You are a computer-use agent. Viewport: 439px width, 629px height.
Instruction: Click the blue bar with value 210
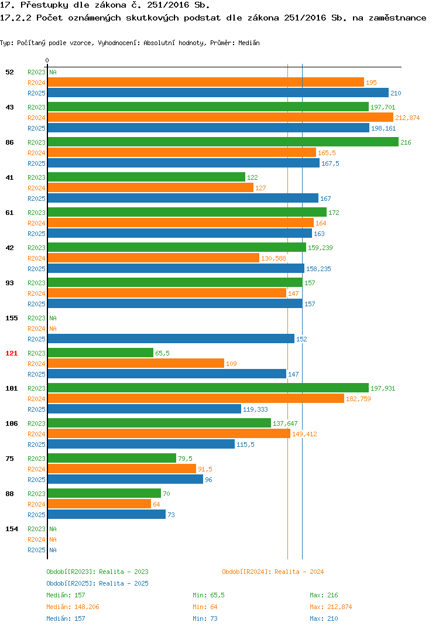pos(218,93)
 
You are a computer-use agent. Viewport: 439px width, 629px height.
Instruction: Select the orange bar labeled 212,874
pos(221,118)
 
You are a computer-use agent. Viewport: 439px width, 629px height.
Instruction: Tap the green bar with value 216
pos(223,142)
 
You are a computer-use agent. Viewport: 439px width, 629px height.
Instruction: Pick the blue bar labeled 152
pos(171,339)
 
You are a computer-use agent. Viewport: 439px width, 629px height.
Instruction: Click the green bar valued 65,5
pos(100,353)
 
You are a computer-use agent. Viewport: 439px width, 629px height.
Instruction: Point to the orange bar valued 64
pos(100,504)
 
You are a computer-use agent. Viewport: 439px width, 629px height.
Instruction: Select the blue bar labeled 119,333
pos(145,409)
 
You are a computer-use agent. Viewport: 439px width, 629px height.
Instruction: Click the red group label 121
pos(12,353)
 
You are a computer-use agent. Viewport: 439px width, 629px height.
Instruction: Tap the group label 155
pos(12,318)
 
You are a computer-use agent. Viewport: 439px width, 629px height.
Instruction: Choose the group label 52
pos(9,72)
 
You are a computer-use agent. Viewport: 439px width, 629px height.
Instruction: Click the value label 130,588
pos(273,258)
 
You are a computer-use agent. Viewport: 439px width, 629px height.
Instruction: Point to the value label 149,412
pos(304,434)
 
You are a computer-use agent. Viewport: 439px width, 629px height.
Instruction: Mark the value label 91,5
pos(205,469)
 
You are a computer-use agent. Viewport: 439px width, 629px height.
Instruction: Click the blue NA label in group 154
pos(53,550)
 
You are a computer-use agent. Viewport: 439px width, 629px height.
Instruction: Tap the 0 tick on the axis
pos(47,60)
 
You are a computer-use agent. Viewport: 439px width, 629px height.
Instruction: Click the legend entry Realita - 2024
pos(273,572)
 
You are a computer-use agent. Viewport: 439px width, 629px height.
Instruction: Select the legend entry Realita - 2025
pos(97,583)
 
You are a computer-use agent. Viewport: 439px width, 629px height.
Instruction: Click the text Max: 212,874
pos(331,607)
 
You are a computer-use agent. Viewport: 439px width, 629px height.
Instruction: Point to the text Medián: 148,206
pos(73,607)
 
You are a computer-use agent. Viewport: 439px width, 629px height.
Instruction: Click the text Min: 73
pos(205,618)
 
